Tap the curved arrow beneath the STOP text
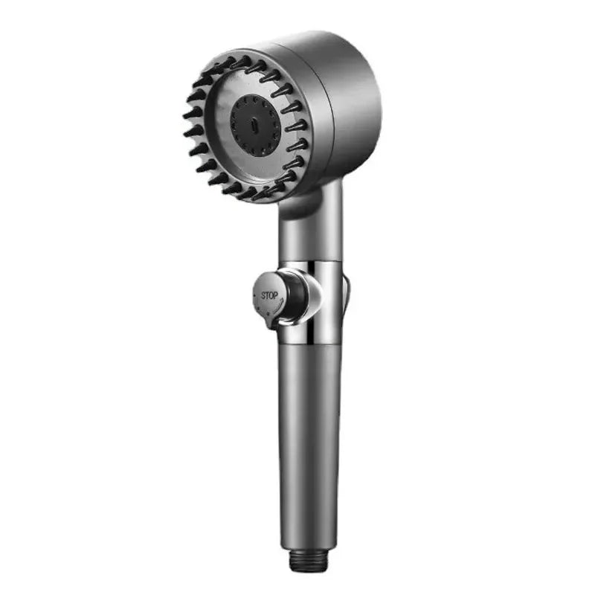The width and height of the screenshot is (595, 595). [x=270, y=306]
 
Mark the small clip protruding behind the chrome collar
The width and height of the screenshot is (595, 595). [x=346, y=292]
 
